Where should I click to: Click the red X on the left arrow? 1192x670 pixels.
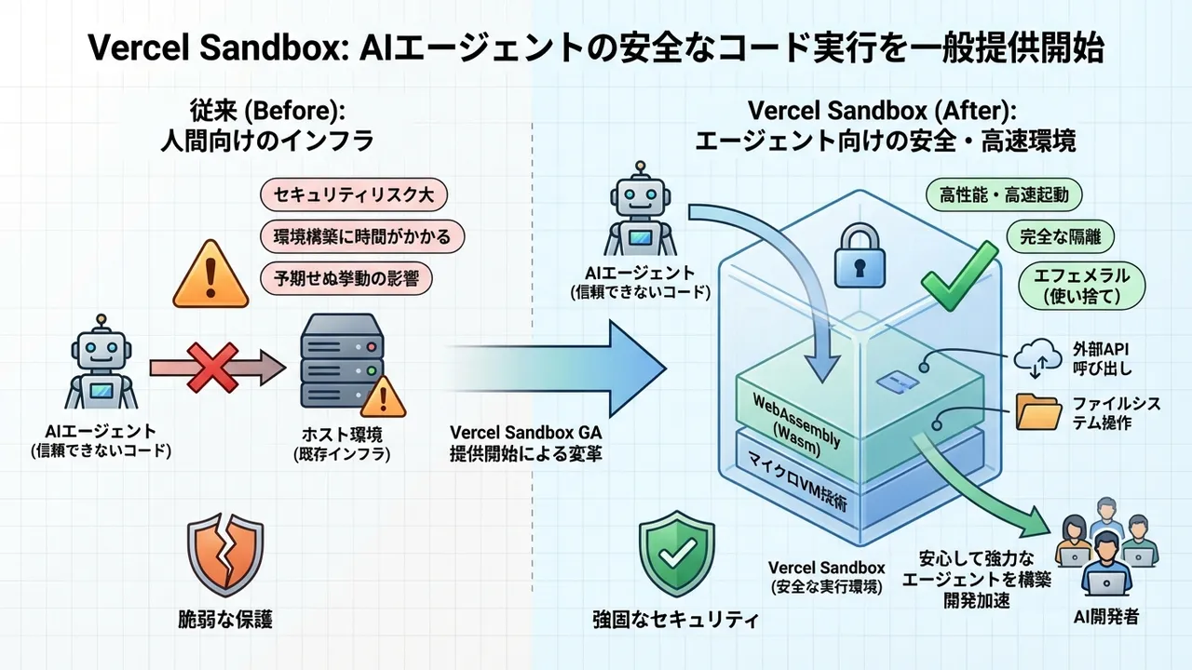[213, 368]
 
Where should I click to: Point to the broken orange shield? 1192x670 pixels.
[225, 557]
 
